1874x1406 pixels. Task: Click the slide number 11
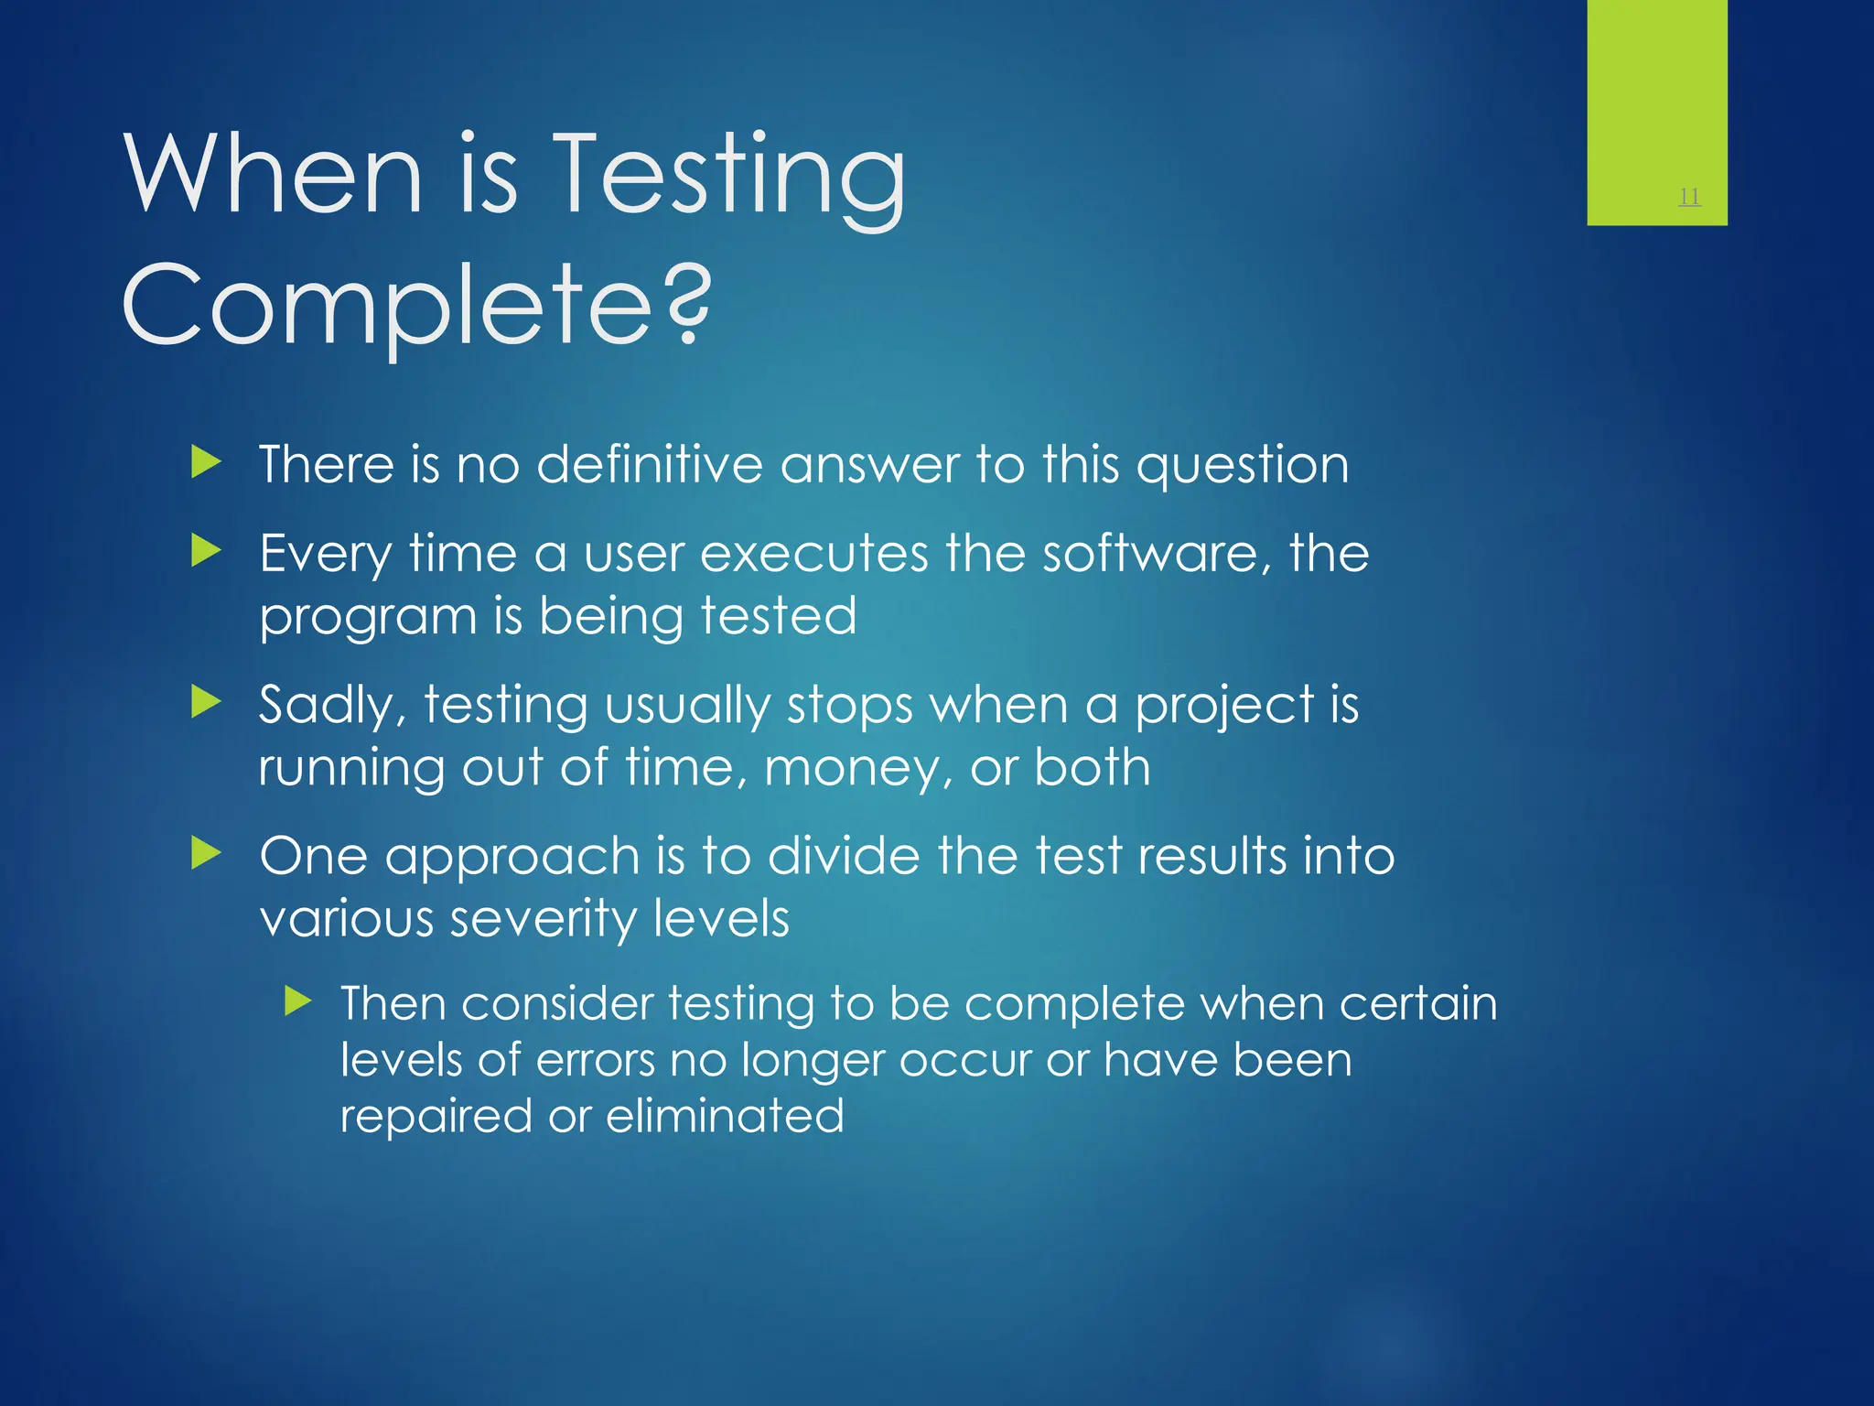coord(1689,196)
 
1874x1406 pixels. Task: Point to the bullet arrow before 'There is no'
coord(207,462)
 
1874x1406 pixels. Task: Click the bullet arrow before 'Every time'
coord(207,551)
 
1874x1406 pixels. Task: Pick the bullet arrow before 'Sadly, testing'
coord(207,703)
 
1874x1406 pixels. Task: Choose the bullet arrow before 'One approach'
coord(207,854)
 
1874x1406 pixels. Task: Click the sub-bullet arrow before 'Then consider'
coord(298,1001)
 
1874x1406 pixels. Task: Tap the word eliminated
coord(725,1116)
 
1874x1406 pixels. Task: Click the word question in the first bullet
coord(1242,466)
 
